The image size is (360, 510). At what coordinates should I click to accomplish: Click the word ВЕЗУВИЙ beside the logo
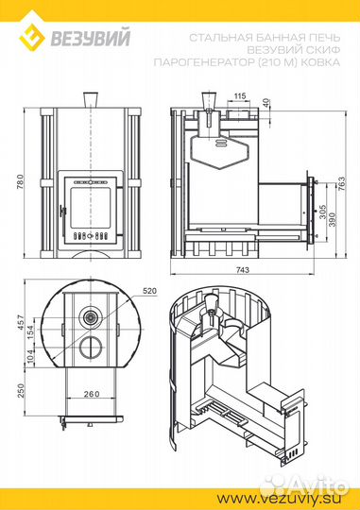coord(90,38)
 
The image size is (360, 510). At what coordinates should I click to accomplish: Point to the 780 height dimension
coord(20,183)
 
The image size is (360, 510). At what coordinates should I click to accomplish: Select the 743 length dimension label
coord(243,270)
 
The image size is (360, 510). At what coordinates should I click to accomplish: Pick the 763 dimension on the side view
coord(342,184)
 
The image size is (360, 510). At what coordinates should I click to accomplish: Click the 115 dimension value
coord(240,96)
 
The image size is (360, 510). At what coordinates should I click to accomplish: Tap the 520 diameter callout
coord(149,291)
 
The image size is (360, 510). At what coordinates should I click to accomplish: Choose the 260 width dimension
coord(92,394)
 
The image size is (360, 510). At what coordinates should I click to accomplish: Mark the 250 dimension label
coord(21,390)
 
